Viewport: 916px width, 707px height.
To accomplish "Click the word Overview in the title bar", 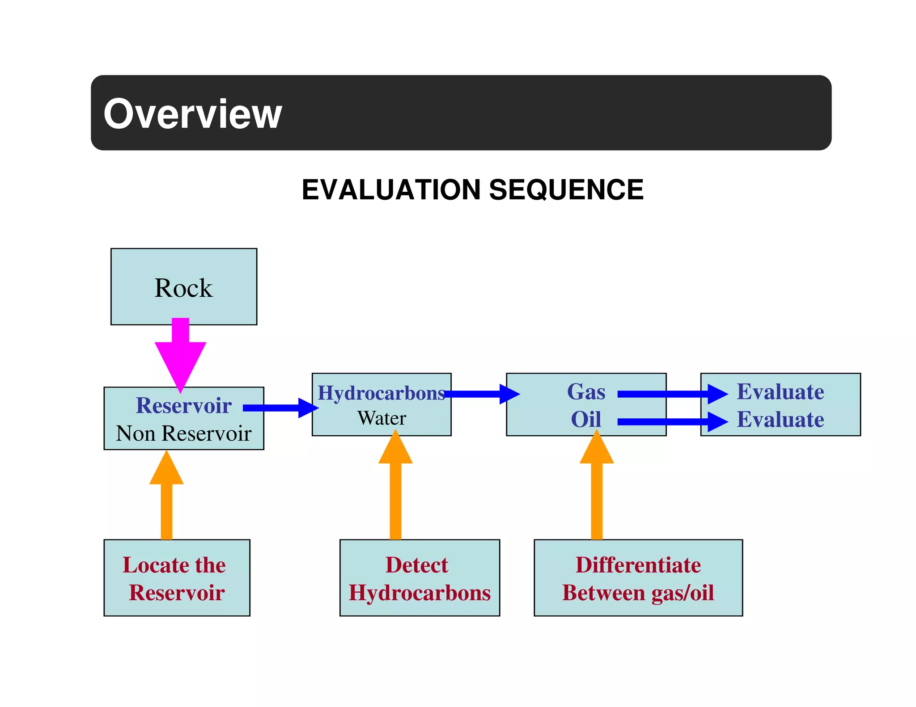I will [x=192, y=114].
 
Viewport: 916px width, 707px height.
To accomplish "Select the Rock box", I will [x=183, y=286].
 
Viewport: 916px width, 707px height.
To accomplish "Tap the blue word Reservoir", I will [x=183, y=405].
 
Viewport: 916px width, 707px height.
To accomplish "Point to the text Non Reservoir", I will [x=183, y=433].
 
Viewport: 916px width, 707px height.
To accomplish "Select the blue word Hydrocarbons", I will [x=381, y=393].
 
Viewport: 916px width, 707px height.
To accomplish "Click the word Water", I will [x=382, y=418].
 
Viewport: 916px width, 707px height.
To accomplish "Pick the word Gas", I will [x=586, y=392].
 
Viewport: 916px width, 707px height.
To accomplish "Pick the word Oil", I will [x=585, y=420].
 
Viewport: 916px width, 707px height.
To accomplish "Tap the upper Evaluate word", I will [x=780, y=392].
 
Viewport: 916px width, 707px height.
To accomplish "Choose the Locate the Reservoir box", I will [x=177, y=577].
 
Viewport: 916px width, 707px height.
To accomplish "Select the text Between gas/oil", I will [x=638, y=593].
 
